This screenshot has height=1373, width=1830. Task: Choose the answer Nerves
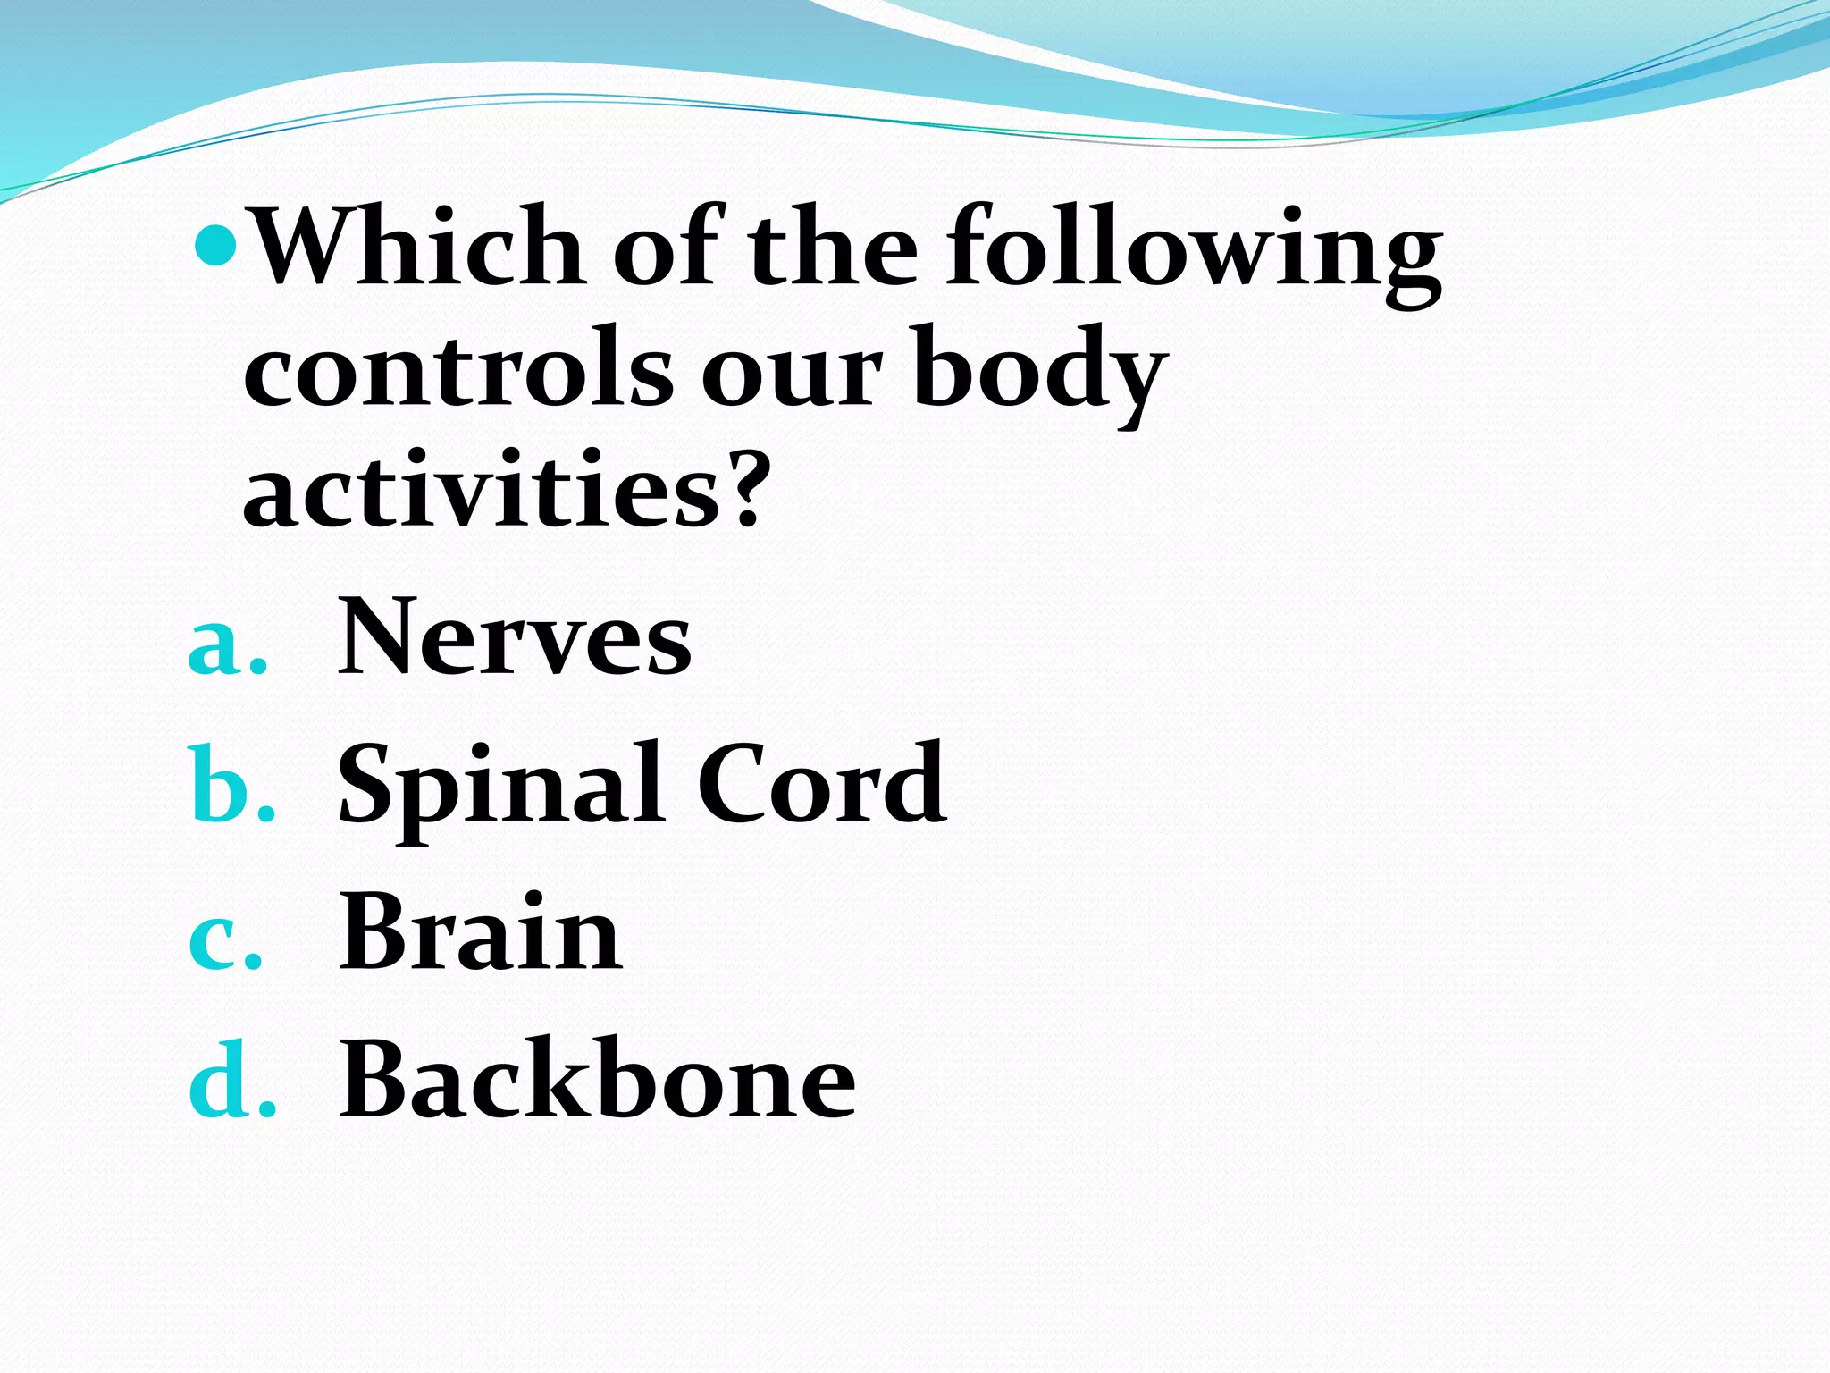515,636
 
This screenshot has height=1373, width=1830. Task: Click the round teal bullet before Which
214,240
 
